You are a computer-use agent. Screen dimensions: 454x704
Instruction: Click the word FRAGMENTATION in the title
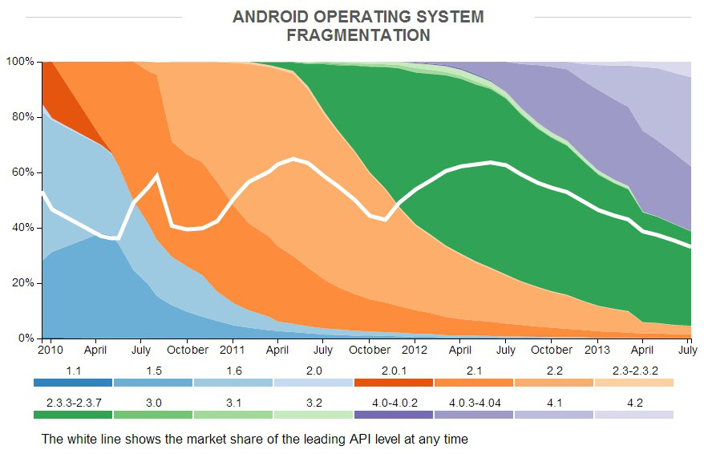358,35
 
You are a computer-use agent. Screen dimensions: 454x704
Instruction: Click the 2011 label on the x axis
233,351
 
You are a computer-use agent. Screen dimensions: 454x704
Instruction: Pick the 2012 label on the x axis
415,351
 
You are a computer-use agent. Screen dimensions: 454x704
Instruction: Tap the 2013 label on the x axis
597,351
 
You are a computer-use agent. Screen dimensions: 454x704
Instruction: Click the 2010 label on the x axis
51,351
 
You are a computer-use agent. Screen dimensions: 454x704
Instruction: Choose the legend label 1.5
153,371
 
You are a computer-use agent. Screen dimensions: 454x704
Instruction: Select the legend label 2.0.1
394,371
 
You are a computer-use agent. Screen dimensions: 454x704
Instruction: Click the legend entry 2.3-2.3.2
633,371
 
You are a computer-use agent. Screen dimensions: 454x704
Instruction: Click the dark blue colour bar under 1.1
73,383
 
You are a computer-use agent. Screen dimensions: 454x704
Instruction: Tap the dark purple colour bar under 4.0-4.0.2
394,415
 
